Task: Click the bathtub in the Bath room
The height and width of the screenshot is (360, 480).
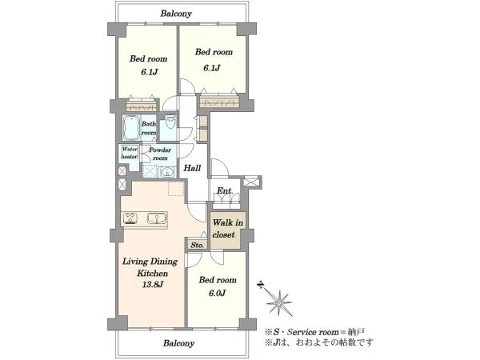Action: click(132, 127)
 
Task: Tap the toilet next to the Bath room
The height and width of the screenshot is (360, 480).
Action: click(170, 122)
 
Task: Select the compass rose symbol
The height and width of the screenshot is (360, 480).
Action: click(279, 302)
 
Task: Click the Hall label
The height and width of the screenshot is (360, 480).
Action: click(192, 168)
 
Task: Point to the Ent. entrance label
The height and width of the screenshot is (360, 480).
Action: click(225, 190)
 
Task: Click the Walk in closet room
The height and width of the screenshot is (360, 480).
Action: click(228, 230)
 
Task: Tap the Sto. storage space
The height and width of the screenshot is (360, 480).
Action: click(198, 245)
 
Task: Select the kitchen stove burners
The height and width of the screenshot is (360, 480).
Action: click(130, 218)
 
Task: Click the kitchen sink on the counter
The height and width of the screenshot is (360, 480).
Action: click(157, 218)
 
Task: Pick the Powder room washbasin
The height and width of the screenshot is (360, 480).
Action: click(167, 172)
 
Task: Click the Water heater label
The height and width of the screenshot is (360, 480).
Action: click(130, 153)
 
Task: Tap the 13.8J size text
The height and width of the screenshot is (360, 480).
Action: click(153, 285)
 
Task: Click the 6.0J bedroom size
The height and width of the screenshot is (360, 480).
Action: click(218, 294)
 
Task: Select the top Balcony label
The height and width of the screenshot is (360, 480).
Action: click(176, 14)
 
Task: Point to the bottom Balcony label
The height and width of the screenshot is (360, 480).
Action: click(178, 343)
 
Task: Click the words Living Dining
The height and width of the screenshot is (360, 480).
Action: click(150, 262)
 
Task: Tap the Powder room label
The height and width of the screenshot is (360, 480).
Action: click(160, 154)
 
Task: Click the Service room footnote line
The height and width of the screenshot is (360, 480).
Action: click(314, 332)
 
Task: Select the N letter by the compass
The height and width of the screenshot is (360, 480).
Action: click(261, 285)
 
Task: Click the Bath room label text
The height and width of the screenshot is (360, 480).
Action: click(149, 128)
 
